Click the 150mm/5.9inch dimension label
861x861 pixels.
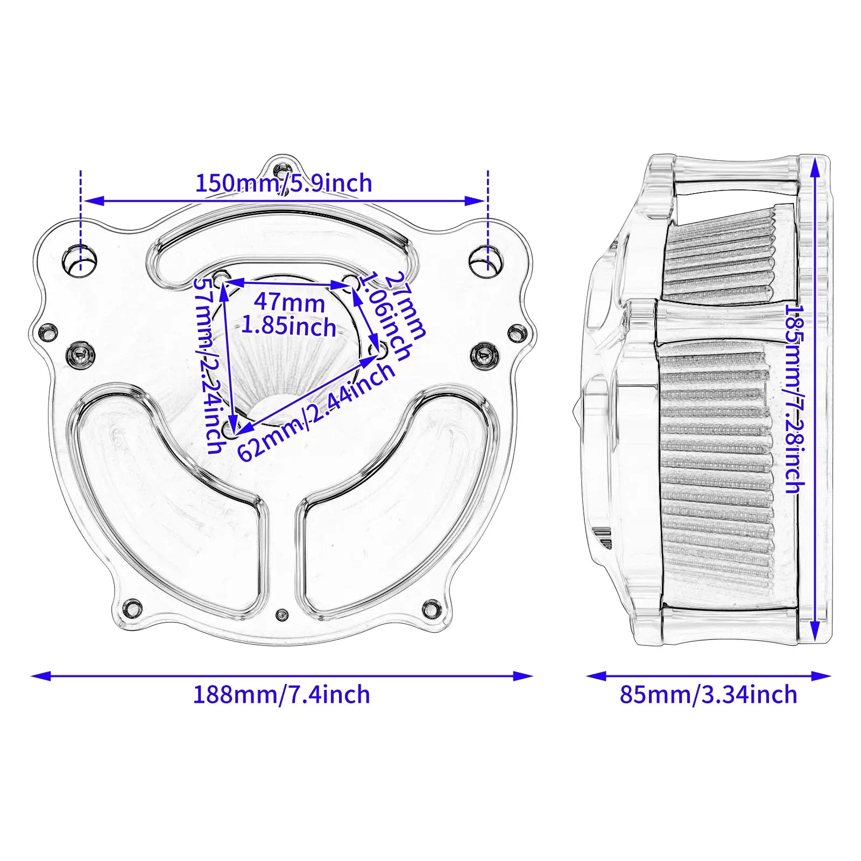click(284, 184)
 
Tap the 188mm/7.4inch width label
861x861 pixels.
click(281, 695)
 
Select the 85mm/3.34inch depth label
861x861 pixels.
click(708, 695)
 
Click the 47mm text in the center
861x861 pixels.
click(289, 302)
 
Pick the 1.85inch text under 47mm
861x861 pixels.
click(288, 326)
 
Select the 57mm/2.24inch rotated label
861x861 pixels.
click(208, 365)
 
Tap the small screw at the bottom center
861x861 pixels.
click(281, 615)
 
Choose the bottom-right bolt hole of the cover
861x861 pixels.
click(430, 608)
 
